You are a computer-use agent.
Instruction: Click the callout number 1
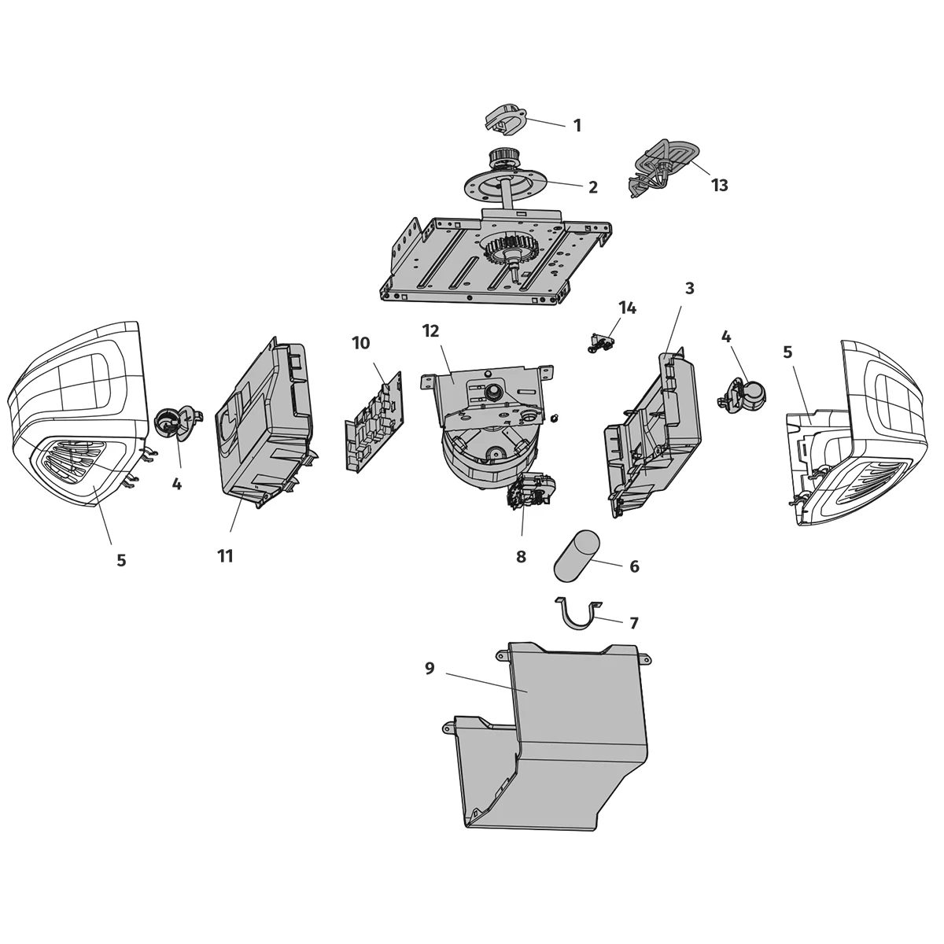(577, 125)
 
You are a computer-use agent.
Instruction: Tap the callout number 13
(719, 186)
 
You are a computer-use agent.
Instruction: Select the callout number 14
(627, 308)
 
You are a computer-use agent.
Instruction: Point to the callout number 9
(430, 669)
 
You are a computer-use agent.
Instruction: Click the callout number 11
(226, 556)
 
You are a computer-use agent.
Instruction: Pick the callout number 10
(360, 343)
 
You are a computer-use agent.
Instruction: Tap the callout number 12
(430, 330)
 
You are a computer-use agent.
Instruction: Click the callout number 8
(521, 557)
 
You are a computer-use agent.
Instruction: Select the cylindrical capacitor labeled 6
(577, 554)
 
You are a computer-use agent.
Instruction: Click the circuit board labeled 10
(372, 426)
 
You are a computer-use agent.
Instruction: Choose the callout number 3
(690, 289)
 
